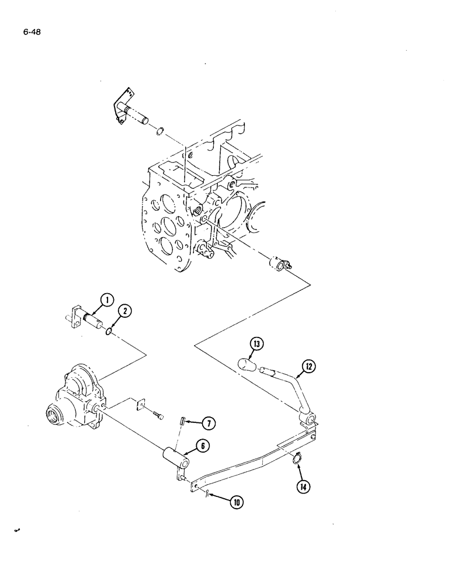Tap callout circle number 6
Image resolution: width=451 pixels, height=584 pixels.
pos(202,446)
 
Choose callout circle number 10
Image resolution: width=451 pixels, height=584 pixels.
pos(237,502)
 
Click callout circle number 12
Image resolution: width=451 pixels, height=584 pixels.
pos(308,368)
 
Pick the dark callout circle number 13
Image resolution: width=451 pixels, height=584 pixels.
pos(255,346)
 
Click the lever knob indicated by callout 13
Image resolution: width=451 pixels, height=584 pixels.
pos(247,367)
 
